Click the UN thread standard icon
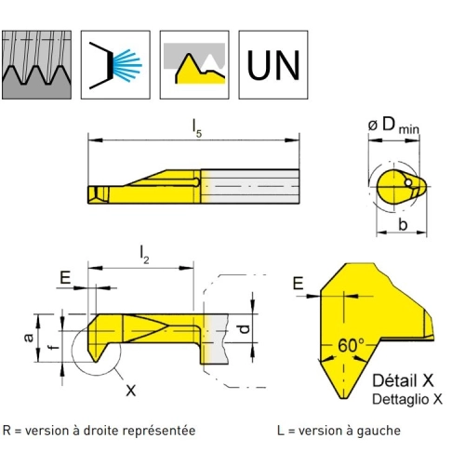[x=273, y=65]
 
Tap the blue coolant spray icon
[x=115, y=65]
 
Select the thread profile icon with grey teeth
[x=36, y=65]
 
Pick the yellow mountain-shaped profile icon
[x=194, y=65]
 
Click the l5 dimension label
[x=196, y=128]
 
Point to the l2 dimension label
[x=144, y=255]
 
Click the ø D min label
[x=393, y=126]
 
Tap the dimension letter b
[x=403, y=224]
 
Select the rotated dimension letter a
[x=29, y=338]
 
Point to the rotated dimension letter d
[x=245, y=328]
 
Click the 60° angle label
[x=352, y=345]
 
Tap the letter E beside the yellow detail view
[x=299, y=284]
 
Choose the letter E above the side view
[x=65, y=277]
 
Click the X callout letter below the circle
[x=131, y=391]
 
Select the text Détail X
[x=403, y=380]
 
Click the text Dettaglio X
[x=407, y=399]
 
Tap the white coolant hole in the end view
[x=408, y=183]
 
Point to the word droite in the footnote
[x=101, y=431]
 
